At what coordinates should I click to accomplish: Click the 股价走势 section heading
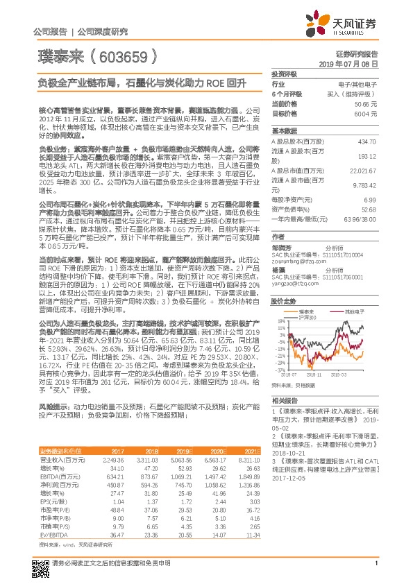[285, 302]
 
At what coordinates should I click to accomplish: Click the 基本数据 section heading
[285, 130]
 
